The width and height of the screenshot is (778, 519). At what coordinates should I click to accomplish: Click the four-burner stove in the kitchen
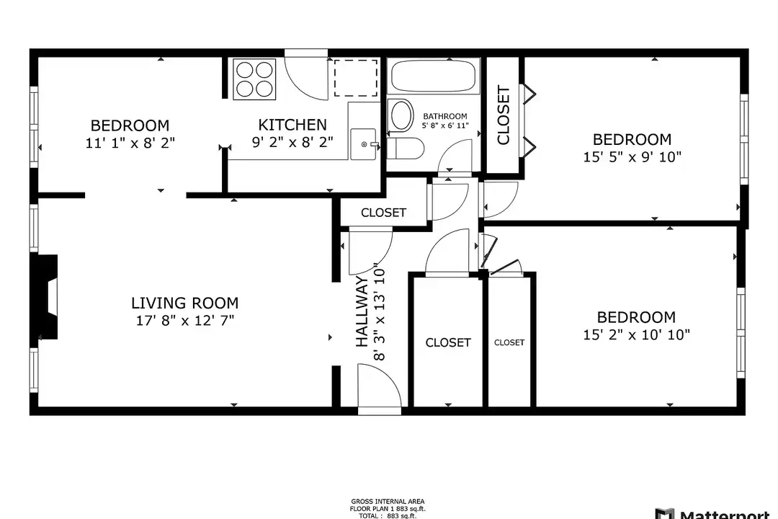(254, 79)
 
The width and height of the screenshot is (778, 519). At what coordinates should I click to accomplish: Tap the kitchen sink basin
(363, 144)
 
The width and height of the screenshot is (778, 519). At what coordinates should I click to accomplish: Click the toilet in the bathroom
(406, 148)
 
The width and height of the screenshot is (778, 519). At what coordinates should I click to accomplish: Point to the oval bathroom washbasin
(402, 115)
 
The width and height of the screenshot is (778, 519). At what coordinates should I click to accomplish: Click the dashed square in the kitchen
(355, 77)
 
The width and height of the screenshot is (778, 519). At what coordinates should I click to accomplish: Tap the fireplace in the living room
(48, 297)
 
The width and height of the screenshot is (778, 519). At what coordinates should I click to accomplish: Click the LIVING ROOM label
(184, 303)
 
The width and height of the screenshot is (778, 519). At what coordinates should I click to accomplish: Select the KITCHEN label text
(292, 124)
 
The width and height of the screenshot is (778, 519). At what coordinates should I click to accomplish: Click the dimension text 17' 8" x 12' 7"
(185, 320)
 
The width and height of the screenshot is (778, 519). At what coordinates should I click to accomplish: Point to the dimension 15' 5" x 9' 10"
(632, 157)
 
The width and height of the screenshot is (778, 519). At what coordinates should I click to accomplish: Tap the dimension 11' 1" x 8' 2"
(130, 143)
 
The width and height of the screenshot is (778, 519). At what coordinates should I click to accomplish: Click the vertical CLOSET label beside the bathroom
(503, 115)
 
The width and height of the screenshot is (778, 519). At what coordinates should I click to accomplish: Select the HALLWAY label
(362, 311)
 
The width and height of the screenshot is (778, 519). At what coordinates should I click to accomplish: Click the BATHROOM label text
(445, 116)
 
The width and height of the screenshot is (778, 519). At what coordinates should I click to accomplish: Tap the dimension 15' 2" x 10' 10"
(637, 334)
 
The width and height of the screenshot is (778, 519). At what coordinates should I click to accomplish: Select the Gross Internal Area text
(388, 502)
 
